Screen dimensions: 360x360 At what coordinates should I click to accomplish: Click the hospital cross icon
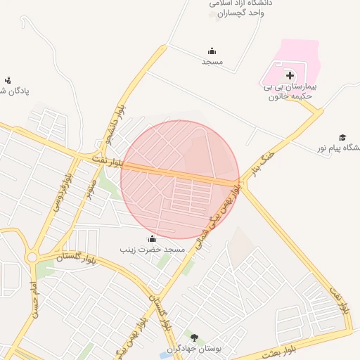(290, 75)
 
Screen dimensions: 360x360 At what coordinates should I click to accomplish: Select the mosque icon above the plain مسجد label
(212, 51)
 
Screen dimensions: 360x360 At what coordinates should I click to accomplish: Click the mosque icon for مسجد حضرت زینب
(153, 238)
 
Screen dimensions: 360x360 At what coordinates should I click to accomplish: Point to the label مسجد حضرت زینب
(152, 250)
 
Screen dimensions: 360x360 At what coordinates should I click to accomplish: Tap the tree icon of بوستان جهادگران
(195, 338)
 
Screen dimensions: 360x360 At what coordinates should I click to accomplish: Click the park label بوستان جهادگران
(195, 349)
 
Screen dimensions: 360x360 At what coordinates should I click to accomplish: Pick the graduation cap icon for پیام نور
(342, 137)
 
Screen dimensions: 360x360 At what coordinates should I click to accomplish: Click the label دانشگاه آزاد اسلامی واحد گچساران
(241, 8)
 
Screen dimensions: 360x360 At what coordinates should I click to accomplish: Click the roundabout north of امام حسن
(32, 258)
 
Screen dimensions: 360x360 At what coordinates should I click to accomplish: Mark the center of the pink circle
(180, 179)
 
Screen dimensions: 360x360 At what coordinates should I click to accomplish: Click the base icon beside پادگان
(8, 80)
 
